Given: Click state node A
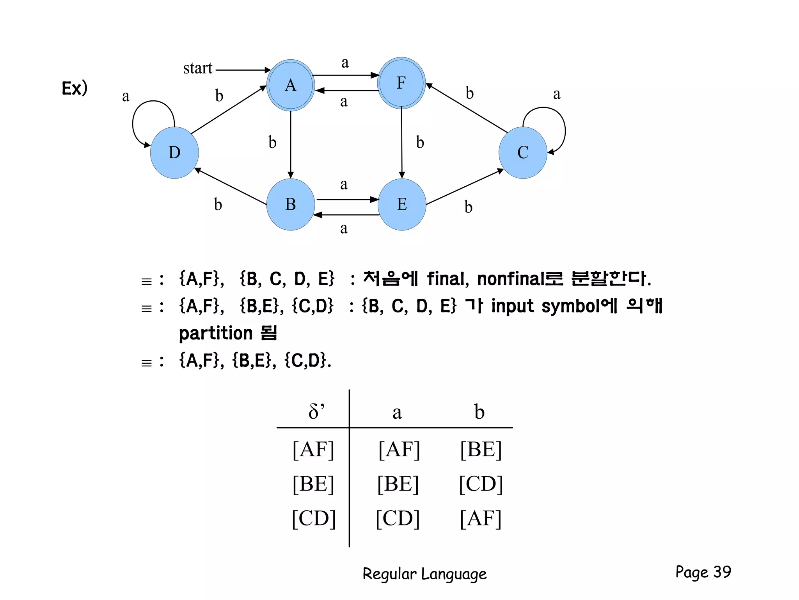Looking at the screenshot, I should (291, 85).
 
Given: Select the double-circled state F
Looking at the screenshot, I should (401, 83).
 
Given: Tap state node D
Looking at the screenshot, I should (174, 152).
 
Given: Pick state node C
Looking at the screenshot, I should (523, 152).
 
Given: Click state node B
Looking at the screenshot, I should (291, 204).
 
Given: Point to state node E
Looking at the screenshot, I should (402, 204).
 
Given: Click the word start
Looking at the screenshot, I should (198, 68).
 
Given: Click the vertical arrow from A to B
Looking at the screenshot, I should (291, 145).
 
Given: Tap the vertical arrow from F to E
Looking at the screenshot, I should (402, 143).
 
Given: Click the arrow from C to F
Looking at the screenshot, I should (467, 108).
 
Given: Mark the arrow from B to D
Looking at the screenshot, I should (230, 187).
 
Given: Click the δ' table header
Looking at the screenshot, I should (316, 411).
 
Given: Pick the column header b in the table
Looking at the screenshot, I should (479, 411).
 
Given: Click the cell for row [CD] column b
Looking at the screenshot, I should (481, 518).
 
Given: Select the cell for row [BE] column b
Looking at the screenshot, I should (481, 484).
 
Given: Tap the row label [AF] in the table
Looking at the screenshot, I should (313, 449).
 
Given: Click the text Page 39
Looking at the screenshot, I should (703, 572).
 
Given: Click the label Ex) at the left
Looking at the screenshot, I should (75, 88).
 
